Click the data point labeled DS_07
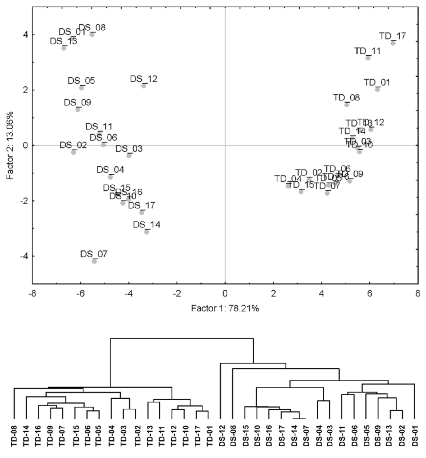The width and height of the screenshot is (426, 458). pos(94,261)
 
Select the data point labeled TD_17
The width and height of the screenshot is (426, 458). pos(393,43)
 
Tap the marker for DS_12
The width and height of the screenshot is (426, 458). pos(144,86)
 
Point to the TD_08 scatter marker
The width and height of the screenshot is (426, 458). pos(346,105)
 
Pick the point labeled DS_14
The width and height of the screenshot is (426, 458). pos(147,232)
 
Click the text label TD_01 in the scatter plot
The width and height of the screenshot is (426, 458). pos(377,82)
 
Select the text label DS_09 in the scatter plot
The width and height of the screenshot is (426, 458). pos(77,102)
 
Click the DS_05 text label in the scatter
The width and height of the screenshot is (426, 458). pos(81,81)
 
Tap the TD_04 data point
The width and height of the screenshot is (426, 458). pos(288,186)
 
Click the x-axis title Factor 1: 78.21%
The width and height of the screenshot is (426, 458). pos(225,308)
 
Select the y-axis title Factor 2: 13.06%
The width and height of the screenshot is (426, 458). pos(10,145)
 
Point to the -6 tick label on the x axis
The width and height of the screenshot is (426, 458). pos(80,293)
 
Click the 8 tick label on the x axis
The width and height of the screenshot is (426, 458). pos(418,293)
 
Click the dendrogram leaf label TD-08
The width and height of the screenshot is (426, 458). pos(14,436)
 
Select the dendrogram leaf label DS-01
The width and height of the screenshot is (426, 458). pos(415,436)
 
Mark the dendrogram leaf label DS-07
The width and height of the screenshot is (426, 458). pos(305,436)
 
